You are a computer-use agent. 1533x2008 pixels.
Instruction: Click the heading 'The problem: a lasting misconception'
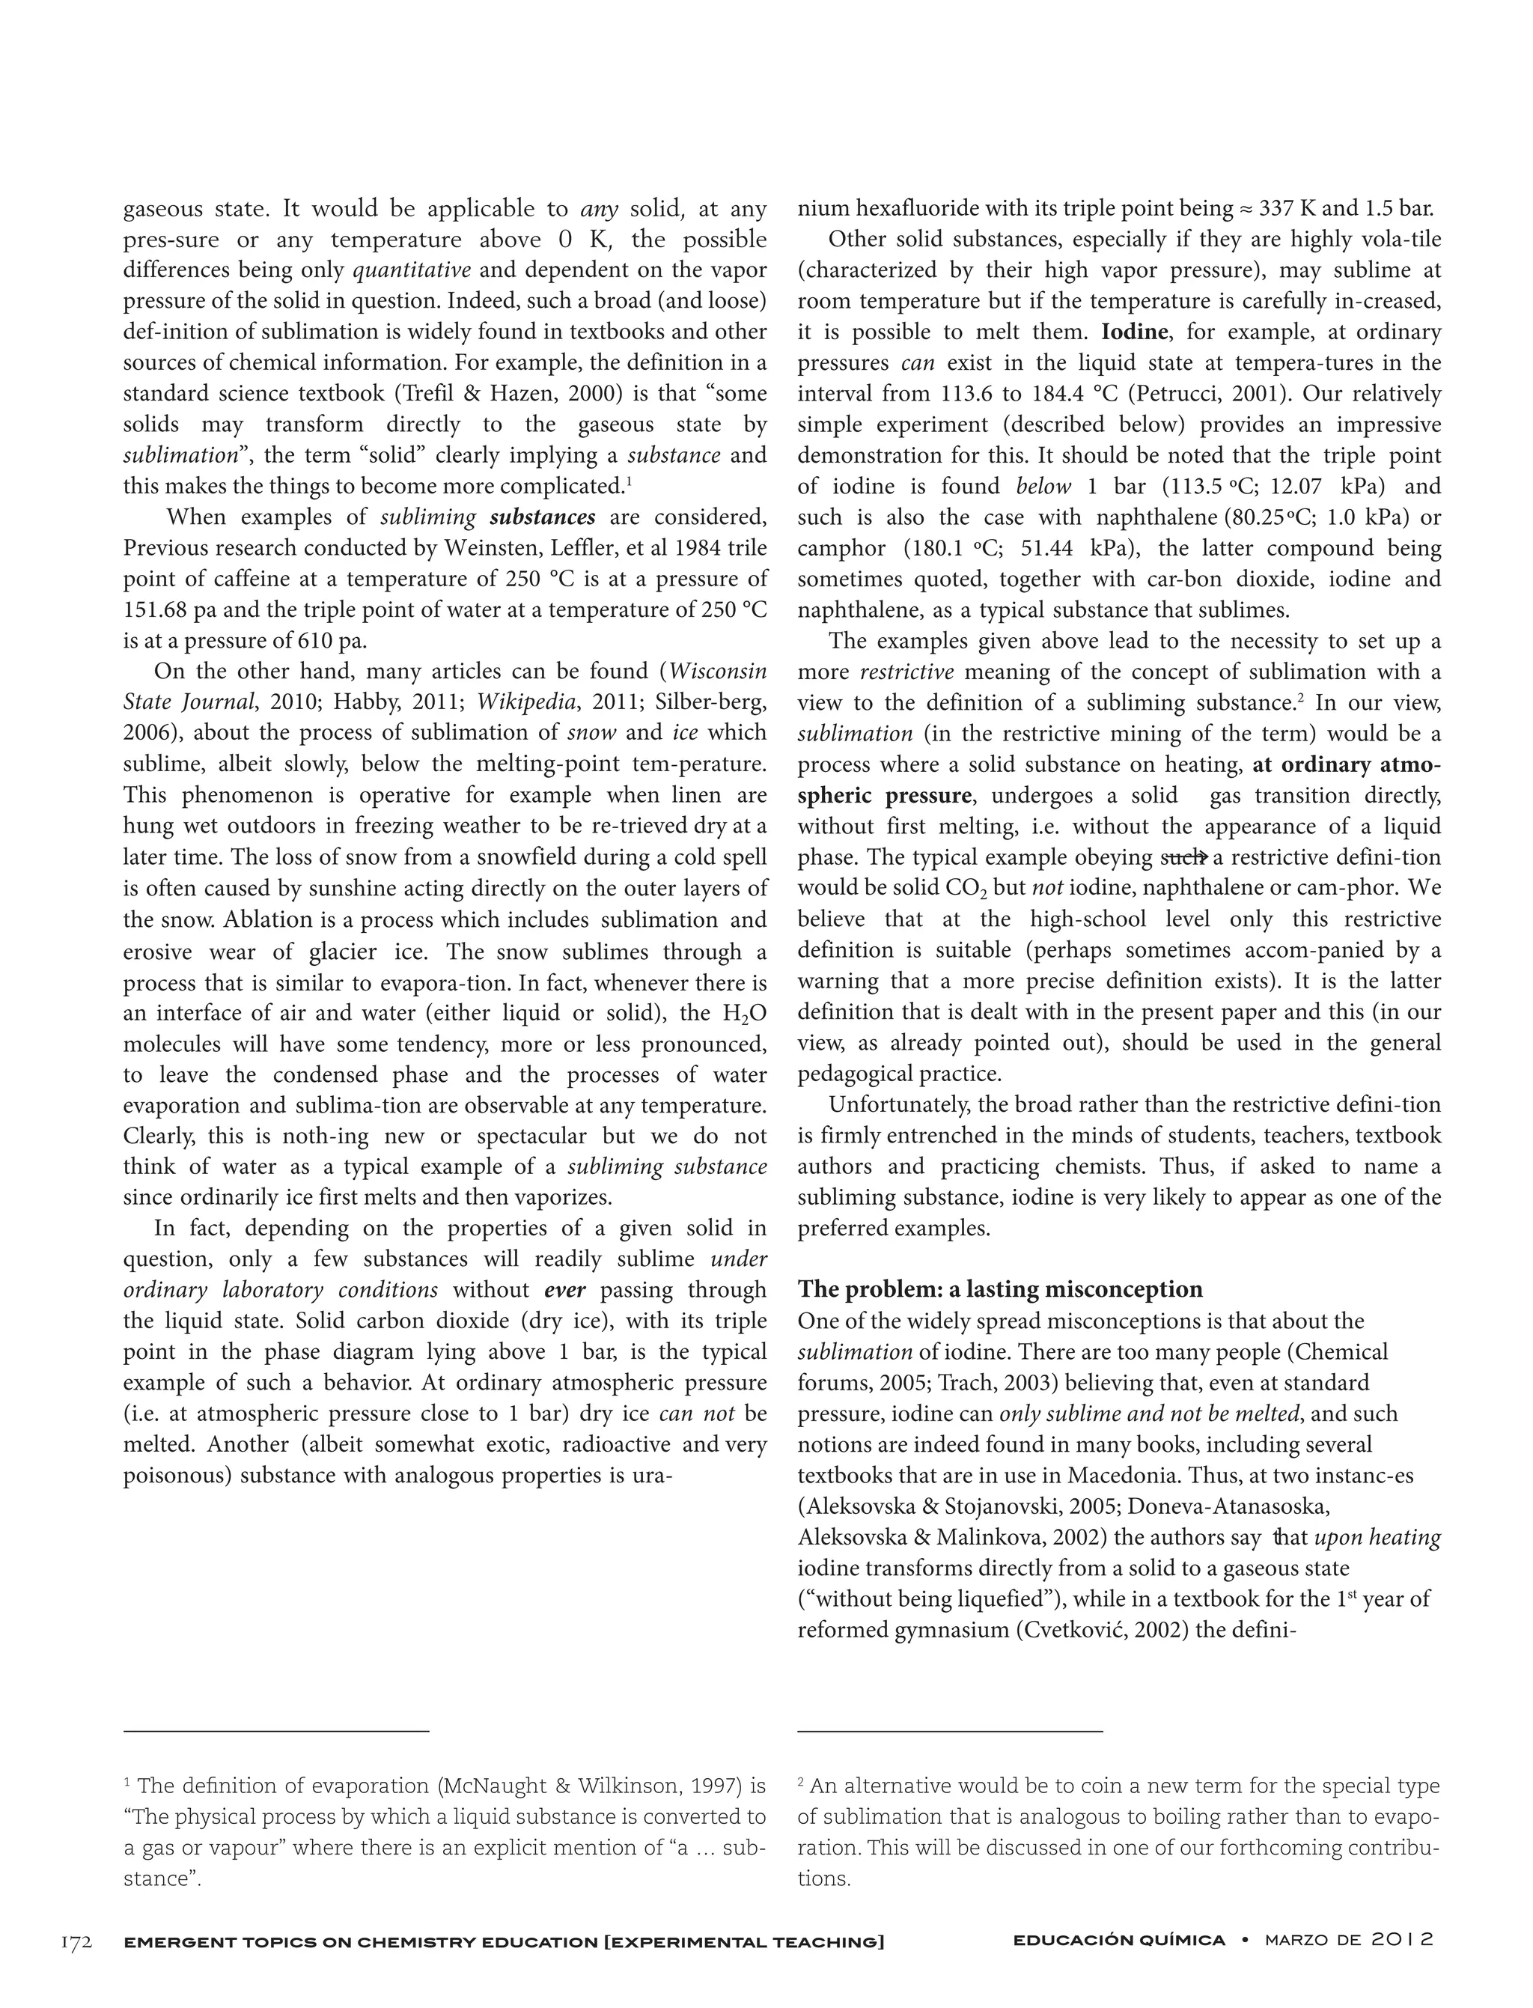[x=1000, y=1290]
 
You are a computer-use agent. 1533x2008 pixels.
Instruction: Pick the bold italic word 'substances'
[x=542, y=517]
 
